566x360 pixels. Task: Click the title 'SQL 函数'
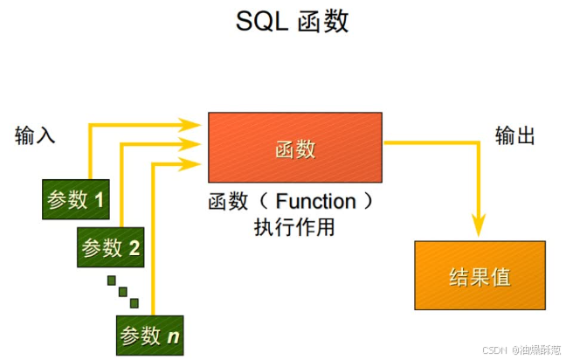tap(292, 21)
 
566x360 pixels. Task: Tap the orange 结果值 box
tap(480, 276)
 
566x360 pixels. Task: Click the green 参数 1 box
tap(74, 200)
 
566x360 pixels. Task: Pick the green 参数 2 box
tap(111, 247)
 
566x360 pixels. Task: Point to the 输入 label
tap(35, 135)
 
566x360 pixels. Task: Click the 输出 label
tap(514, 135)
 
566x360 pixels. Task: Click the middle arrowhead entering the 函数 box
tap(197, 143)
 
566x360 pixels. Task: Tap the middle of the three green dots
tap(123, 291)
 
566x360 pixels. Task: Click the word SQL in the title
tap(259, 21)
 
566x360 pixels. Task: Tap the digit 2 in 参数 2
tap(135, 248)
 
